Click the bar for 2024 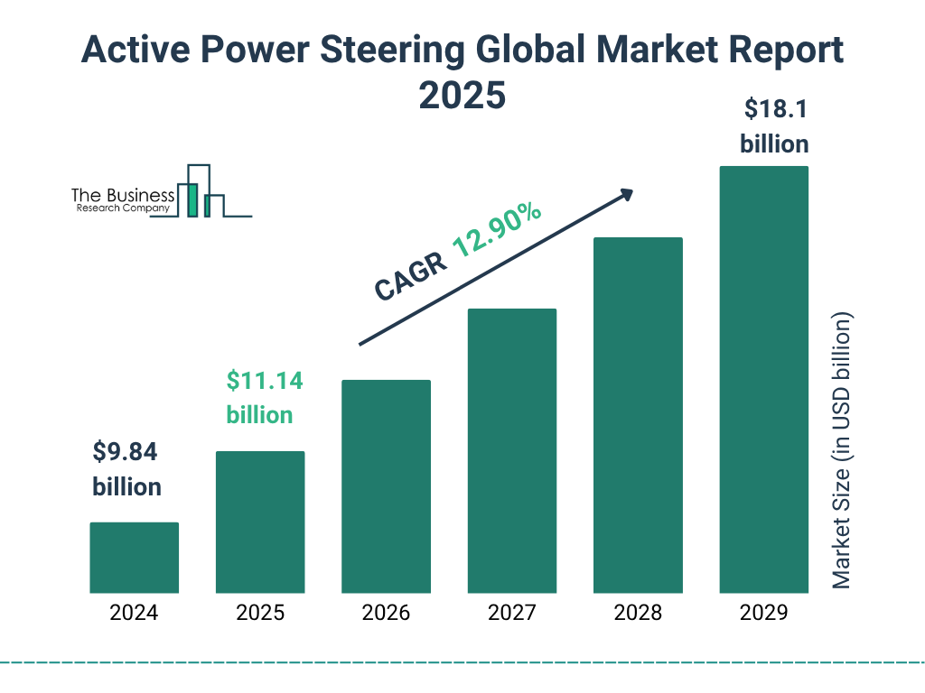coord(134,558)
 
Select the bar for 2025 coord(260,522)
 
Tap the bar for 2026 coord(386,486)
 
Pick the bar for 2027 coord(511,450)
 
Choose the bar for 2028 coord(638,415)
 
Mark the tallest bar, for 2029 coord(763,379)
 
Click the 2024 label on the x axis coord(134,614)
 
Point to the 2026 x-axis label coord(386,614)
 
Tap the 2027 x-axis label coord(511,614)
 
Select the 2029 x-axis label coord(763,614)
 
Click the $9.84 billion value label coord(126,469)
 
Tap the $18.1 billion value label coord(774,126)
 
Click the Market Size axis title coord(842,451)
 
